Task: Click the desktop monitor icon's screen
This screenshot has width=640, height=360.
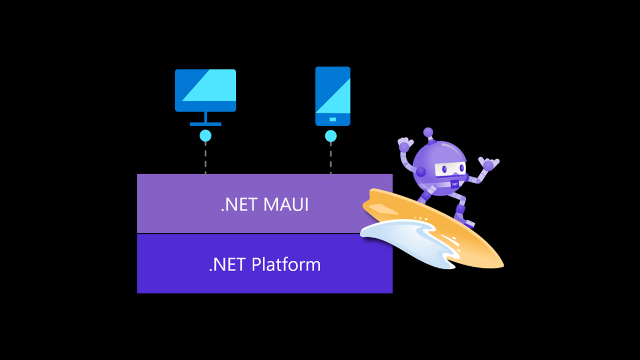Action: pyautogui.click(x=205, y=89)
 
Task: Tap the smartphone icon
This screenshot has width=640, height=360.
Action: pyautogui.click(x=332, y=95)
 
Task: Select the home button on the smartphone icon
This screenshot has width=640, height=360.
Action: pyautogui.click(x=332, y=119)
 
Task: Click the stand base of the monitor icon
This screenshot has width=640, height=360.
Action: pyautogui.click(x=205, y=124)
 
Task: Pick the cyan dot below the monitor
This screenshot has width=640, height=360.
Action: pyautogui.click(x=205, y=136)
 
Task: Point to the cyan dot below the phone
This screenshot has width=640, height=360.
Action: pyautogui.click(x=331, y=136)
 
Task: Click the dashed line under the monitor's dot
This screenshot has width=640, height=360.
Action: pyautogui.click(x=205, y=159)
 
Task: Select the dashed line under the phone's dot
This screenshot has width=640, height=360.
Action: pyautogui.click(x=331, y=159)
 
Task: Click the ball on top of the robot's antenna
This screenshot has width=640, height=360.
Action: pyautogui.click(x=428, y=132)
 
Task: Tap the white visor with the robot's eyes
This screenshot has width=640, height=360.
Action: pyautogui.click(x=449, y=169)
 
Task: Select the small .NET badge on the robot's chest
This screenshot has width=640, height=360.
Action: pyautogui.click(x=455, y=184)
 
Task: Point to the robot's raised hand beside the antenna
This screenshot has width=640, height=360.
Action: pyautogui.click(x=405, y=144)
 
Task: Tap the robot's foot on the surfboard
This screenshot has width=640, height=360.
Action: pyautogui.click(x=467, y=222)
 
